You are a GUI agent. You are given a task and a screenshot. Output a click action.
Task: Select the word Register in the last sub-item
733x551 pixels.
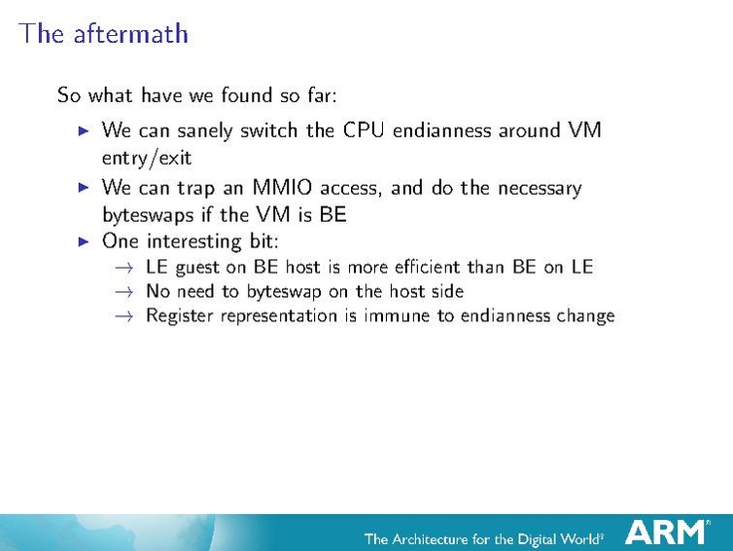[x=178, y=315]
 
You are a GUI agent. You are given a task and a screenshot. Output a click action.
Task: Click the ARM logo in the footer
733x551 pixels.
[x=666, y=532]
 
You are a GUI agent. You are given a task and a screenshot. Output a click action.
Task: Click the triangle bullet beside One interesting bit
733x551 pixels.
[x=83, y=240]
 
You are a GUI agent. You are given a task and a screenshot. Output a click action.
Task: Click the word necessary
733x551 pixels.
[x=537, y=187]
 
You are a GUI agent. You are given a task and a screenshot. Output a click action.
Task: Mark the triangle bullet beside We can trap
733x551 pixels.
[x=83, y=187]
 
